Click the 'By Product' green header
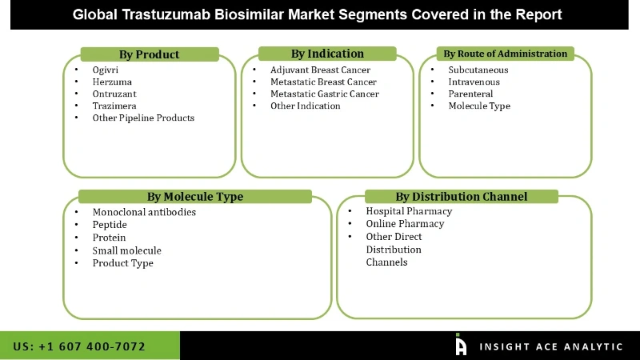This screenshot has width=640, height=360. click(149, 54)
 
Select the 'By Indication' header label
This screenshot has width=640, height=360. click(327, 54)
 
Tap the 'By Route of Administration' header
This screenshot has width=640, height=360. click(505, 54)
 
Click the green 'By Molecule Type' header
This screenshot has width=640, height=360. click(195, 196)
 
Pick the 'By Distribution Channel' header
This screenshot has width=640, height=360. click(461, 196)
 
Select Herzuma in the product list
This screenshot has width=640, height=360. click(112, 82)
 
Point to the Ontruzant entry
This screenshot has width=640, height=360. click(115, 94)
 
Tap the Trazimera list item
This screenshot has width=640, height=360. click(114, 106)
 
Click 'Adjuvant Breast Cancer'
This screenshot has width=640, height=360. click(320, 70)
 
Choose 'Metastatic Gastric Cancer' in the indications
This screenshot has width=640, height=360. click(324, 94)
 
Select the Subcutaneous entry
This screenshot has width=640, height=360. click(478, 70)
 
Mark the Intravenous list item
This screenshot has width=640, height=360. click(474, 82)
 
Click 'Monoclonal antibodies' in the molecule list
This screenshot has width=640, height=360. click(144, 212)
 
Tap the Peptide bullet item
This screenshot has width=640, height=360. click(110, 225)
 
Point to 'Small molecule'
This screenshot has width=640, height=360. click(126, 250)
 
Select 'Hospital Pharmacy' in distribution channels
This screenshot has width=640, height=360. click(409, 211)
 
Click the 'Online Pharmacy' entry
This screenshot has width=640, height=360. click(405, 224)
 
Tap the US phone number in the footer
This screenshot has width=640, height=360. click(80, 346)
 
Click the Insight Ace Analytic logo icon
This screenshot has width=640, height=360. click(461, 345)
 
